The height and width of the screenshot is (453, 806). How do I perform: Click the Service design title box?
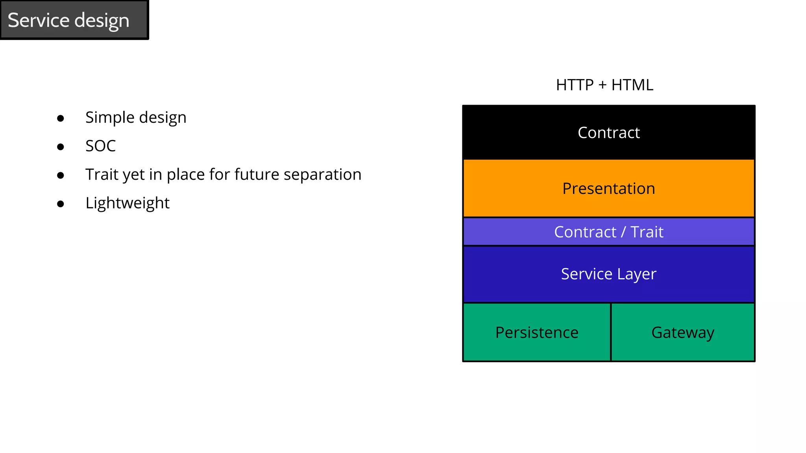(74, 20)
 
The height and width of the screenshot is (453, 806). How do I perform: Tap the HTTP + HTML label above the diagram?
(604, 85)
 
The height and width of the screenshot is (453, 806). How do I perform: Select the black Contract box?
(608, 133)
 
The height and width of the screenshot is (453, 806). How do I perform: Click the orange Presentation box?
(608, 188)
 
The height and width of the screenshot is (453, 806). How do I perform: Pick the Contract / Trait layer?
(608, 232)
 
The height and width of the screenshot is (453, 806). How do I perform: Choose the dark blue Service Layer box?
(608, 274)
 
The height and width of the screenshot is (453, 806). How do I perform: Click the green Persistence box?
(537, 332)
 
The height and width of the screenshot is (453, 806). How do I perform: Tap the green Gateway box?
(683, 332)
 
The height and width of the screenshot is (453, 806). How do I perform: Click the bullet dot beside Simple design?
(60, 118)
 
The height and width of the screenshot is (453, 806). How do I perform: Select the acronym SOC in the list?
(100, 146)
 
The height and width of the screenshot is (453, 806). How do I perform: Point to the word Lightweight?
(127, 203)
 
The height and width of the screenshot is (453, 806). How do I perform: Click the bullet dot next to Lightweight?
(60, 204)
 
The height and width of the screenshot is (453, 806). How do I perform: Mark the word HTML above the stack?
(632, 85)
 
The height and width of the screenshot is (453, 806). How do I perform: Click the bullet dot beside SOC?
(60, 147)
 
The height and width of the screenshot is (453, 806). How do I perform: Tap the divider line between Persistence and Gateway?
(611, 332)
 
